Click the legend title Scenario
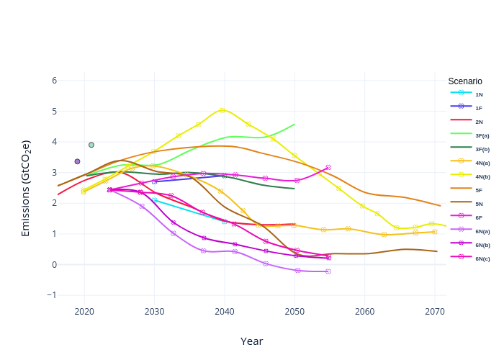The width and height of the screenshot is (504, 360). click(x=465, y=81)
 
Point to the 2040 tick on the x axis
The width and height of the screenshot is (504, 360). click(x=225, y=312)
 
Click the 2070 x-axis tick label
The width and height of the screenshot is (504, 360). click(x=435, y=312)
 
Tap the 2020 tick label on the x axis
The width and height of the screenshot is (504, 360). click(x=84, y=312)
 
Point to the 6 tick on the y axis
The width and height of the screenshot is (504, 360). click(x=54, y=81)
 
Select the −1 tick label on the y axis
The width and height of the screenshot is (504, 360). click(x=52, y=295)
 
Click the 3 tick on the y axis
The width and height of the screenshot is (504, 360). click(x=54, y=173)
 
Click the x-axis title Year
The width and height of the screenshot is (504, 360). click(x=251, y=341)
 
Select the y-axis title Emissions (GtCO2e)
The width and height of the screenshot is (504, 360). click(x=26, y=189)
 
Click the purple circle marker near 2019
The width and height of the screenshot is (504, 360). click(x=77, y=161)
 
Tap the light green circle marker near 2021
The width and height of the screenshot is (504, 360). click(x=91, y=145)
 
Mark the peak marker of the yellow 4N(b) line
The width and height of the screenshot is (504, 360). click(x=222, y=110)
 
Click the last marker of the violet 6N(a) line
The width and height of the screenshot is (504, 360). click(x=328, y=271)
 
